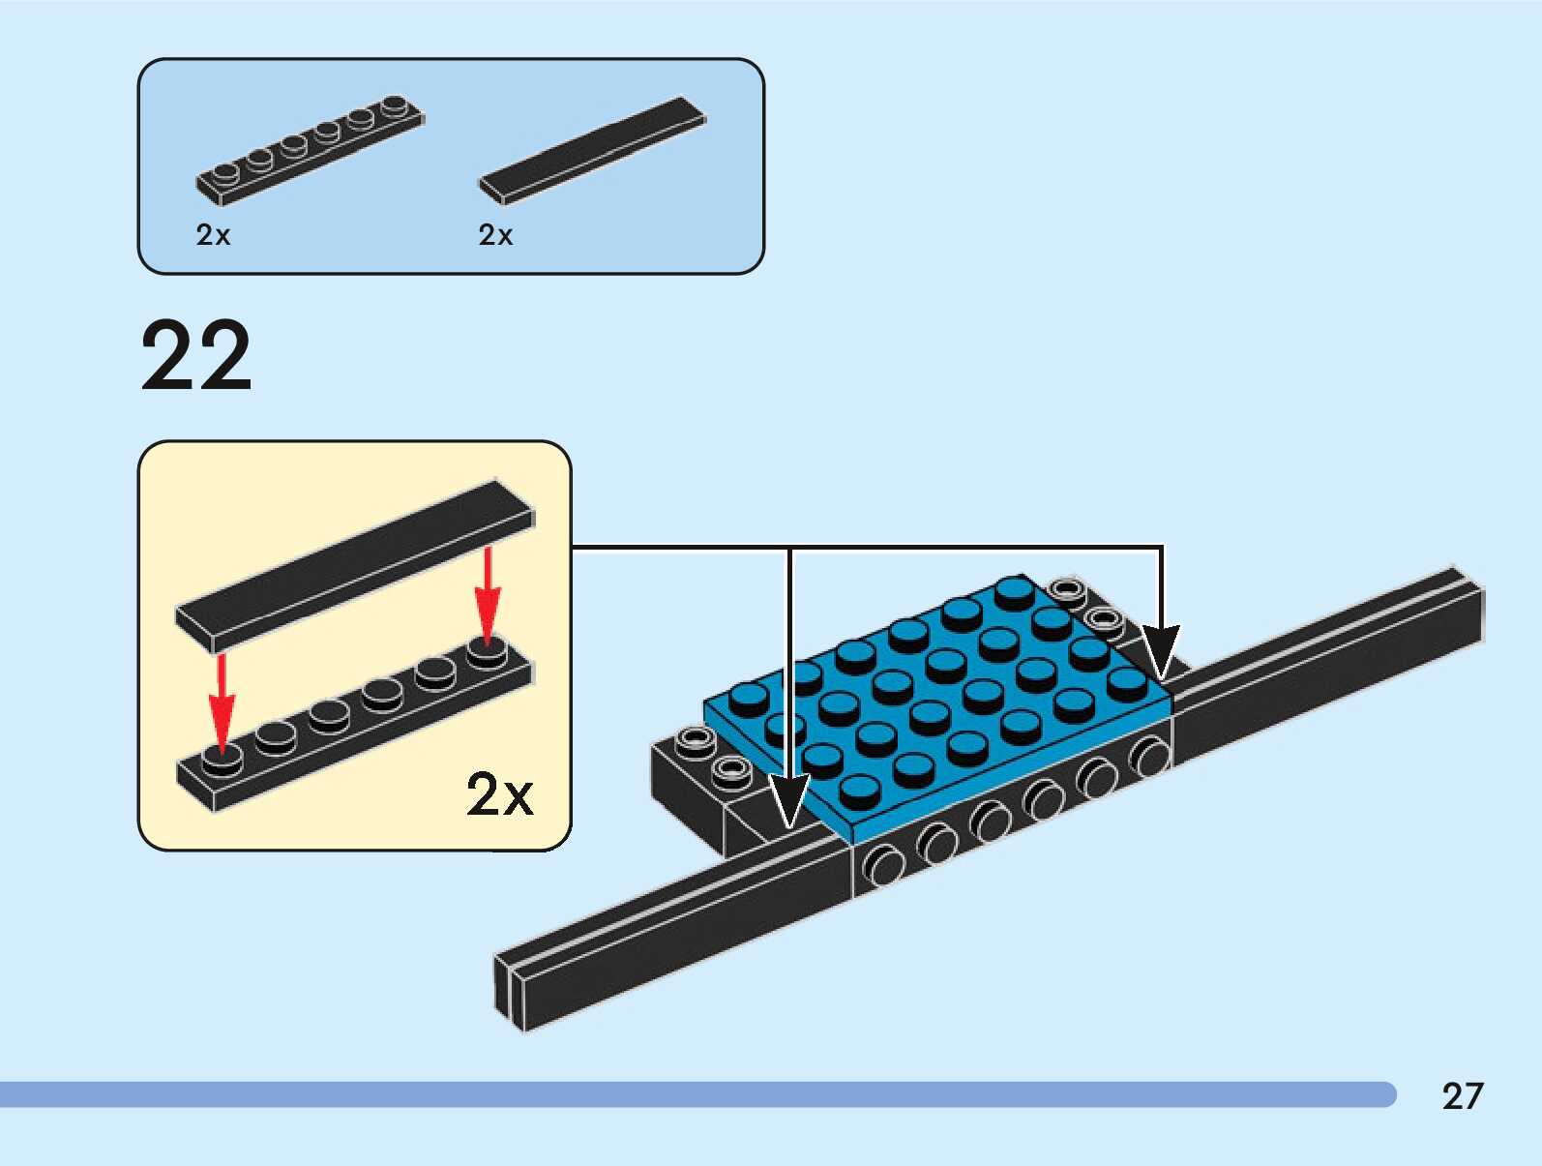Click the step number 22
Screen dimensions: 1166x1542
click(196, 356)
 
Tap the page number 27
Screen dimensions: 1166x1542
click(1462, 1096)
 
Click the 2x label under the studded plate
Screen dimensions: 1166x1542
click(213, 235)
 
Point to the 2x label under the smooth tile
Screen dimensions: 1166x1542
click(495, 235)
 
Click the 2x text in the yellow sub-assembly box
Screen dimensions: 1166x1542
click(499, 795)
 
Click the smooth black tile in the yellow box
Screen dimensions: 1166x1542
click(354, 564)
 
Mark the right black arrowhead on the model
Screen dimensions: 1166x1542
click(1161, 649)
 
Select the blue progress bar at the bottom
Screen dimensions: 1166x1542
click(697, 1094)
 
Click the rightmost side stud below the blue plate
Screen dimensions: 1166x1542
click(1150, 756)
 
